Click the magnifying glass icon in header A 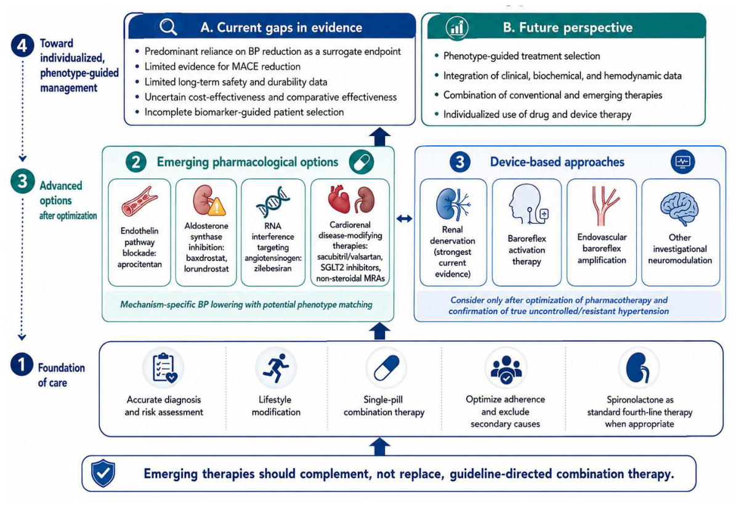(x=168, y=27)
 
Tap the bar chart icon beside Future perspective (x=457, y=27)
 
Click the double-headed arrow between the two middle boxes (x=404, y=218)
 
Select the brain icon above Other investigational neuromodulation (x=679, y=209)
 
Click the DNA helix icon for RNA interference (x=273, y=202)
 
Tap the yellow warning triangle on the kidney (x=216, y=206)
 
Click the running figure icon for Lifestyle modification (x=276, y=368)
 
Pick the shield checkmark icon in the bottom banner (x=103, y=473)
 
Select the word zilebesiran (x=273, y=269)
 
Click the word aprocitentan (x=139, y=264)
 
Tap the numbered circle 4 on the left (x=22, y=46)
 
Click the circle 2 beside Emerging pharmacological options (x=135, y=162)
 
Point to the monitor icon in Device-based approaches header (x=682, y=162)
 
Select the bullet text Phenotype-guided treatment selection (x=522, y=56)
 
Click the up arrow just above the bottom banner (x=380, y=446)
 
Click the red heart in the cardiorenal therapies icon (x=339, y=199)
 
